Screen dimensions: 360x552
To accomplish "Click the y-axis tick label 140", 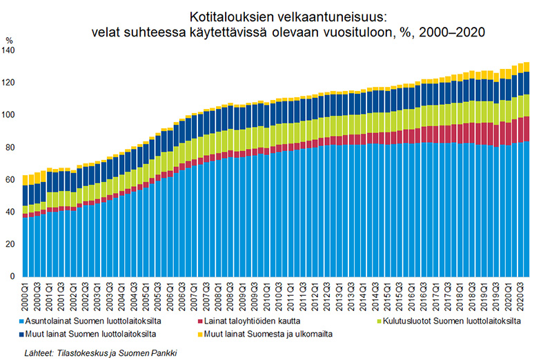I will click(x=9, y=51).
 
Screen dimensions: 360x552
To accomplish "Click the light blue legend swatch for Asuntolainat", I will click(x=24, y=322).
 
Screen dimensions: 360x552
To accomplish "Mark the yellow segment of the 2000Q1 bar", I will click(x=26, y=180).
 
